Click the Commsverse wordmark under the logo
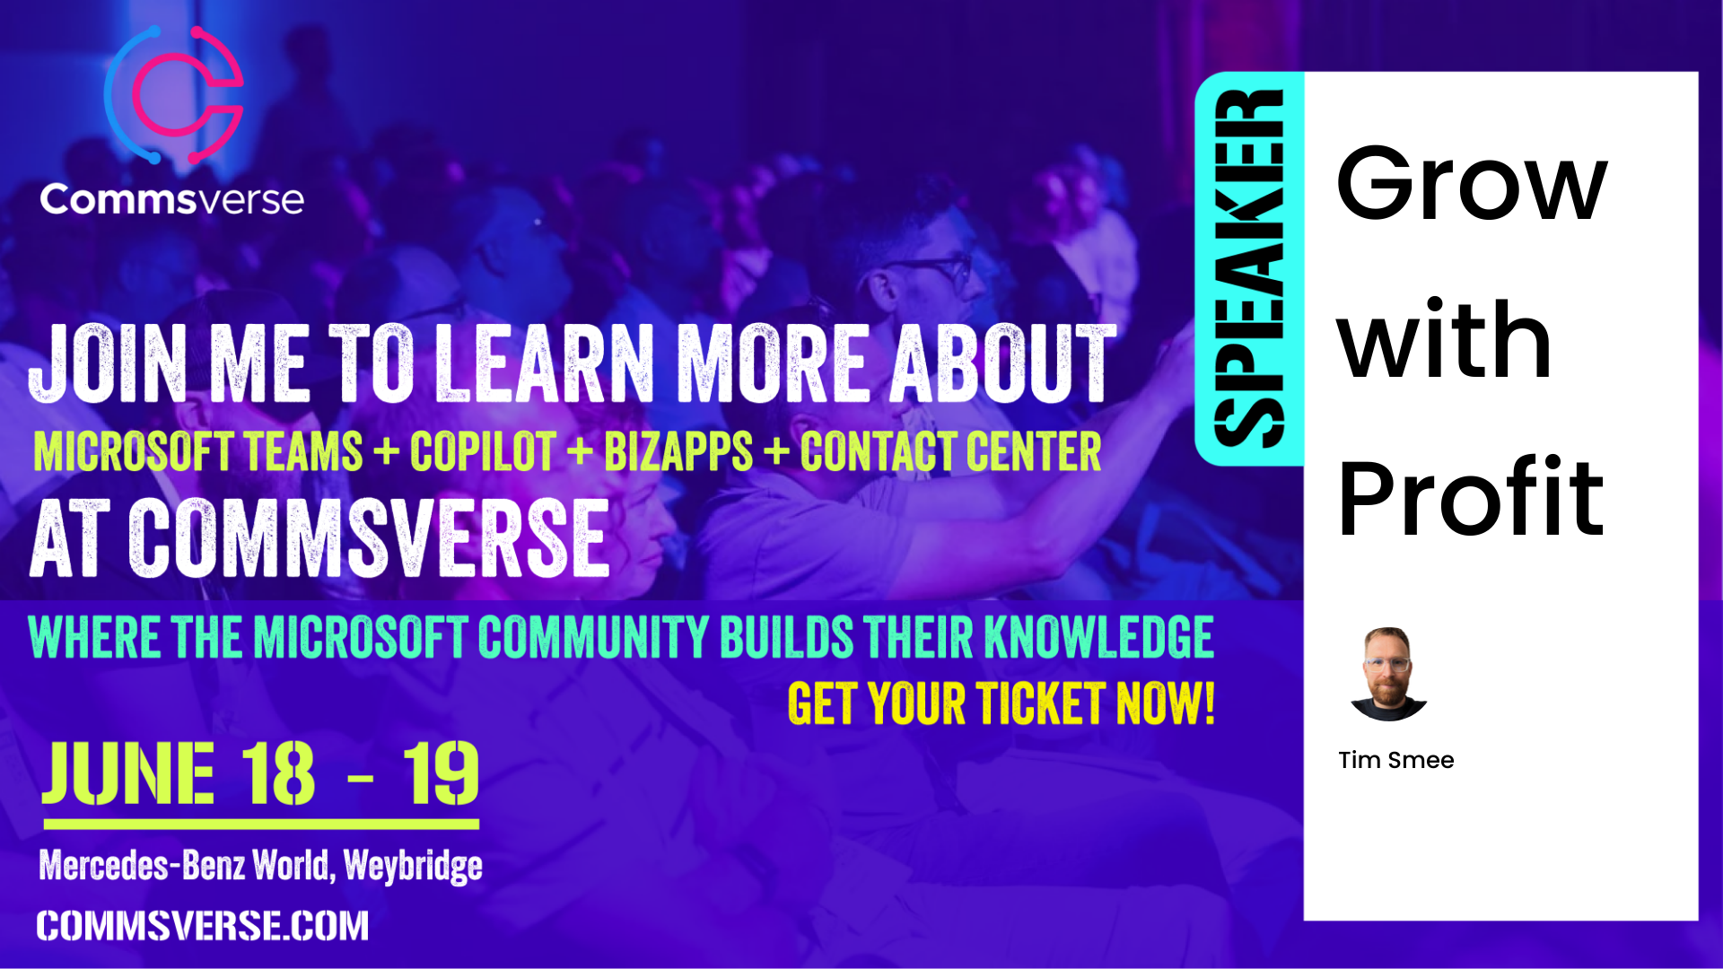pos(171,199)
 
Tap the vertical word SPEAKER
pos(1248,268)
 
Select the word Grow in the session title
pos(1472,184)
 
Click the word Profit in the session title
pos(1470,497)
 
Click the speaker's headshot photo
pos(1388,674)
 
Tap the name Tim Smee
pos(1395,760)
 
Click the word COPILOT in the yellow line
pos(483,451)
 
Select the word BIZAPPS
pos(678,451)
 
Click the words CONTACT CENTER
pos(951,451)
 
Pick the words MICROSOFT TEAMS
pos(198,451)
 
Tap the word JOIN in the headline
pos(109,363)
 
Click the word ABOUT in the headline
pos(1003,363)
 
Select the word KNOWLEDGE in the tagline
pos(1099,638)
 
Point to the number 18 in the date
pos(278,773)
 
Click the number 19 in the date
pos(441,773)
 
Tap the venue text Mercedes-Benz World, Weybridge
pos(260,866)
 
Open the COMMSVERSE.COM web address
pos(203,926)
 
